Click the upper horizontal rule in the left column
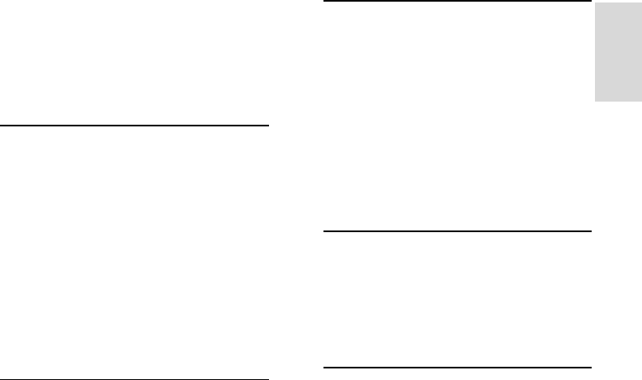(135, 126)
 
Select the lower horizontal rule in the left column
(135, 379)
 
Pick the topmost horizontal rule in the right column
(457, 1)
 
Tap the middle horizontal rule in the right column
(457, 231)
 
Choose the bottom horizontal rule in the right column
(457, 366)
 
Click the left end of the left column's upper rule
(1, 126)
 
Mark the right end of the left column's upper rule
(269, 126)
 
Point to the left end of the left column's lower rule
(1, 379)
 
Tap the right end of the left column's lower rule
(269, 379)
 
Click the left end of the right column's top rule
(323, 1)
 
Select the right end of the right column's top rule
(592, 1)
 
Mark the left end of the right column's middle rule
(323, 231)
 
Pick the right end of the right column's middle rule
(592, 231)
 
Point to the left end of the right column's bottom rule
(323, 366)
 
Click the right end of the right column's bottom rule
(592, 366)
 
